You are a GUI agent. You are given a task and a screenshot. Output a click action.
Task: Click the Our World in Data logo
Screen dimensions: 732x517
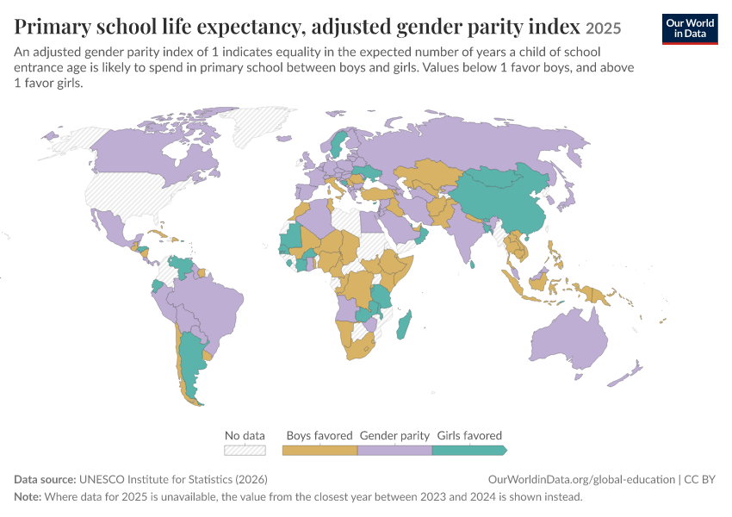pyautogui.click(x=690, y=29)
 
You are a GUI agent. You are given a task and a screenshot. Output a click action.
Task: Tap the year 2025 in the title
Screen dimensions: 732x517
pyautogui.click(x=603, y=28)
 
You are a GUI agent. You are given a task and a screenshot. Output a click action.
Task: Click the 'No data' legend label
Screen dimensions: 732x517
pyautogui.click(x=245, y=435)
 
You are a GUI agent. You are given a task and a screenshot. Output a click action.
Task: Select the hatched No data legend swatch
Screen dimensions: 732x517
pyautogui.click(x=245, y=450)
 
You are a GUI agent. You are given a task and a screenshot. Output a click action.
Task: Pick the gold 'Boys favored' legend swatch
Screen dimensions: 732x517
pyautogui.click(x=319, y=450)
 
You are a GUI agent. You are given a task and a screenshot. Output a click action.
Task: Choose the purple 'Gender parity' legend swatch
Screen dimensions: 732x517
pyautogui.click(x=394, y=450)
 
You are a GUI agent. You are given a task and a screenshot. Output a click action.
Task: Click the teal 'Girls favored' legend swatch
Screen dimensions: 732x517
pyautogui.click(x=469, y=450)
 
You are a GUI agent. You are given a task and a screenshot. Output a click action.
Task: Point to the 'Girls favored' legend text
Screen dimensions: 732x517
pyautogui.click(x=469, y=435)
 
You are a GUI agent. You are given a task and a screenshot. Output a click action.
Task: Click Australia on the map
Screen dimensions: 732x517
pyautogui.click(x=569, y=339)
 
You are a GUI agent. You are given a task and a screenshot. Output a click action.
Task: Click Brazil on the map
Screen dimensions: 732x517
pyautogui.click(x=210, y=308)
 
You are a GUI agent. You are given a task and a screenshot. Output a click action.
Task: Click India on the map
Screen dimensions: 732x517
pyautogui.click(x=463, y=229)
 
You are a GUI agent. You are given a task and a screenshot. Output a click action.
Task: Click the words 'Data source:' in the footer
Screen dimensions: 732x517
pyautogui.click(x=45, y=479)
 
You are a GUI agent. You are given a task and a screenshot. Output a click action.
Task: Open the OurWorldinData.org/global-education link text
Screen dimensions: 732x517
pyautogui.click(x=581, y=479)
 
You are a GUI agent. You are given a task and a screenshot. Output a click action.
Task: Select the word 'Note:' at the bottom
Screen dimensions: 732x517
pyautogui.click(x=28, y=496)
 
